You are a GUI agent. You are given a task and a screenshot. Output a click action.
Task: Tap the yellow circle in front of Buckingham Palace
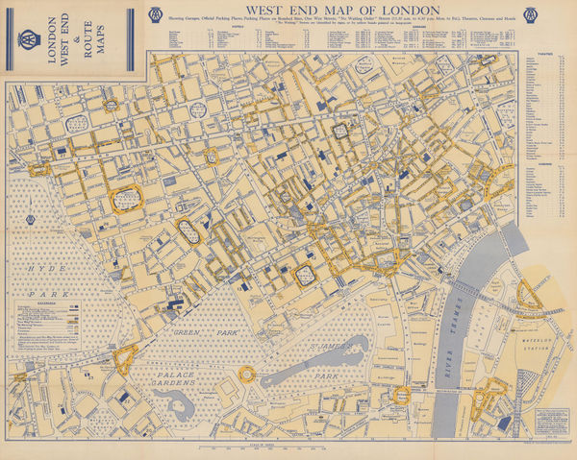(247, 373)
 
